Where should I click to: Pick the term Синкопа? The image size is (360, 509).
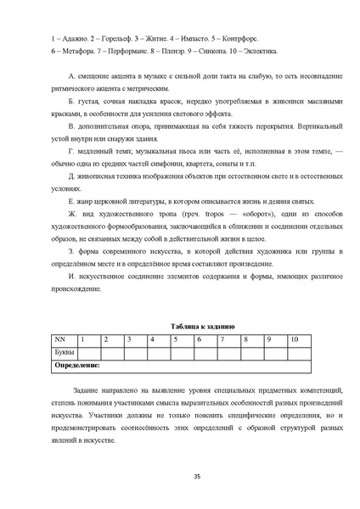216,53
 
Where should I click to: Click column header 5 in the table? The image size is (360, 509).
174,339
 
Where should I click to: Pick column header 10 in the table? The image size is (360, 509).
294,339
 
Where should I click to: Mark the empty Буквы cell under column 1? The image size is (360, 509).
88,352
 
